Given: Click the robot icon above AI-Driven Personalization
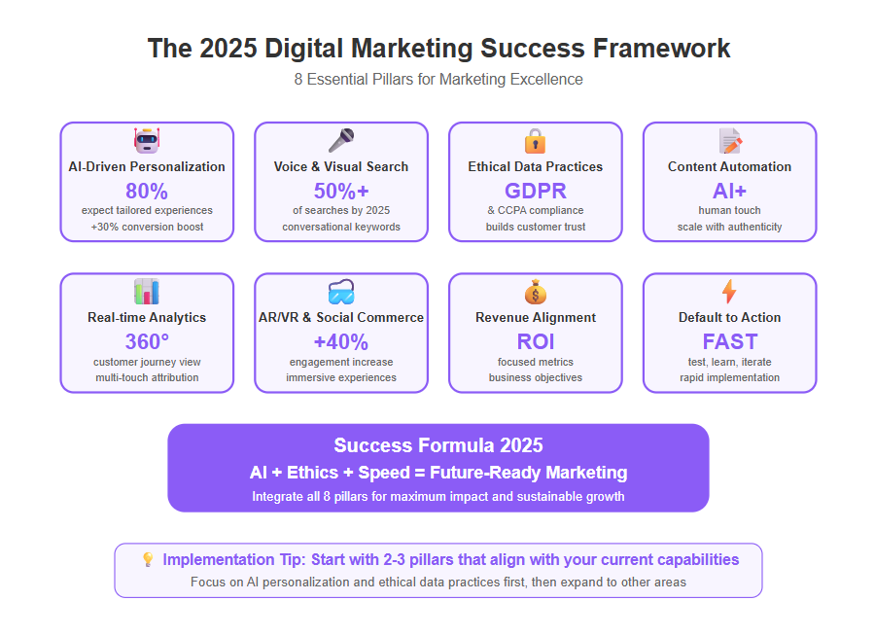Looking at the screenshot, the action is pos(147,140).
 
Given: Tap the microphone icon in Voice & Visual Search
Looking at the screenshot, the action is pos(341,140).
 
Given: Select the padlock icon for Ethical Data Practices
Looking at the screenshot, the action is pos(535,141).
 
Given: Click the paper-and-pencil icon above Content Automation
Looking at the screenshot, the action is pos(730,141).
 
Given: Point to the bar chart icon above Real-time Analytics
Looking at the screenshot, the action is pos(147,291).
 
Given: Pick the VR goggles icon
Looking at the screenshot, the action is pos(341,292).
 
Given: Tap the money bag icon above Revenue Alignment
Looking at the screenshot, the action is pos(535,292).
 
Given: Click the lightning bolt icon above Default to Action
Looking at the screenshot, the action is pos(729,292).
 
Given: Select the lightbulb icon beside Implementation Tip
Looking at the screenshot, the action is pos(148,559).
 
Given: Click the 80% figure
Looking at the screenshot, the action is pos(147,191).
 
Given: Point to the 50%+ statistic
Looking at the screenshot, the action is pos(341,191).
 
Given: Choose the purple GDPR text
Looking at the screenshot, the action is pos(535,191).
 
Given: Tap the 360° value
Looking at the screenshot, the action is pos(147,341).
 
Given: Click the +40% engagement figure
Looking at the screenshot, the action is pos(341,341).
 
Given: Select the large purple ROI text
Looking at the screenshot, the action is pos(535,341).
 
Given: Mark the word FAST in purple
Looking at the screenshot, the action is pos(730,341).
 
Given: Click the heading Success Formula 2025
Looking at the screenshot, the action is pos(438,445).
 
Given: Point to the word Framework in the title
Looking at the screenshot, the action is pos(661,48).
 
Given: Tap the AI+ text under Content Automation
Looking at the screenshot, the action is pos(729,191).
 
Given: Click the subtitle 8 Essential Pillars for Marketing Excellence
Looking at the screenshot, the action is pos(438,80).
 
